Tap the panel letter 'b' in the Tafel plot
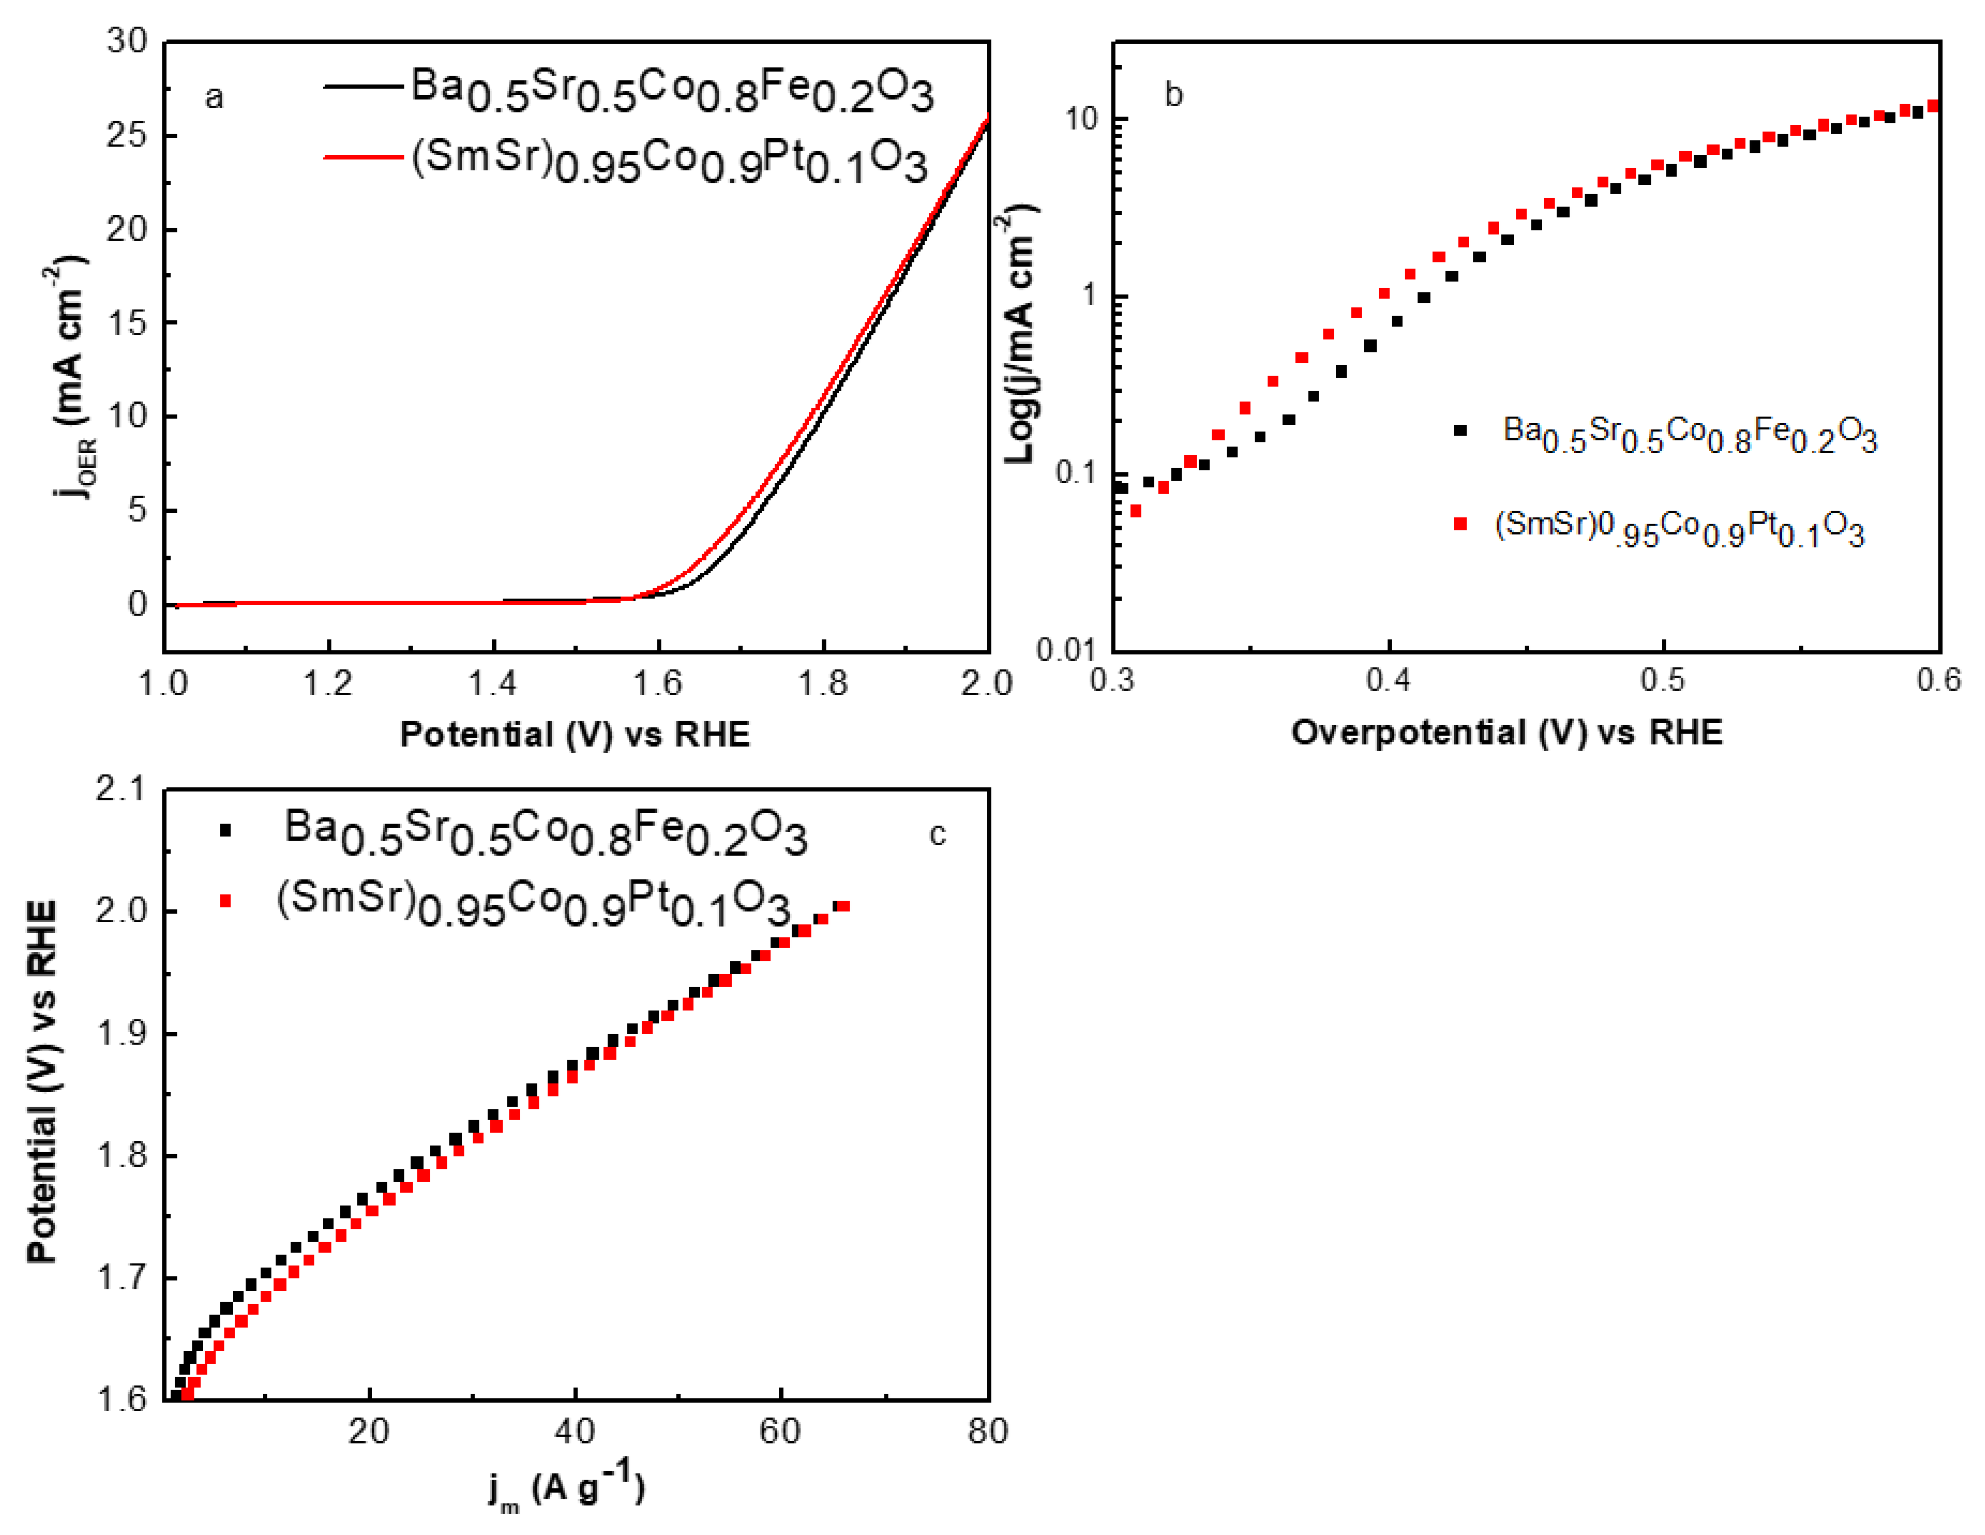click(x=1173, y=95)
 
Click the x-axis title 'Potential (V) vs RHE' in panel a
click(x=576, y=734)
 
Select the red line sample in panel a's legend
click(x=364, y=157)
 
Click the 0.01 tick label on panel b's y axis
click(x=1065, y=650)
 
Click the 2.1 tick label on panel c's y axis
click(x=121, y=789)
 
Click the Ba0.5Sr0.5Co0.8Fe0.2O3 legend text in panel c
click(x=546, y=832)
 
